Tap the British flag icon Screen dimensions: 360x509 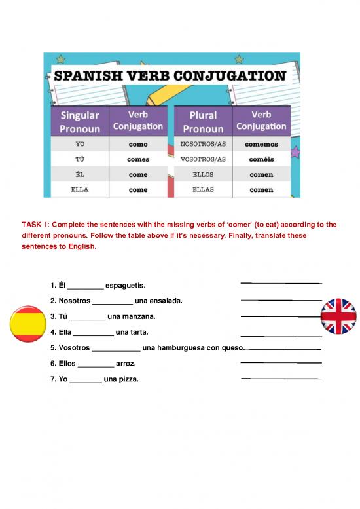[339, 318]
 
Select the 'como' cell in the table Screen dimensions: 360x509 [138, 144]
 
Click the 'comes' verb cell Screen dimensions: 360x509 [138, 159]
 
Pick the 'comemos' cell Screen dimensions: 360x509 [261, 144]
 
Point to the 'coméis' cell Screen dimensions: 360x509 [261, 159]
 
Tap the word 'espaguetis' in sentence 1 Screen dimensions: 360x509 [124, 286]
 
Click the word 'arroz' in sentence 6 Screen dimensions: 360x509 [126, 364]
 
